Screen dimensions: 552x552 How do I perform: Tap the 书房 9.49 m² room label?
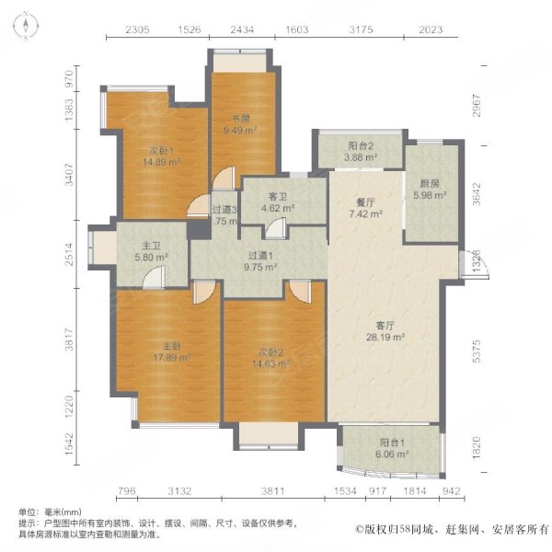click(243, 124)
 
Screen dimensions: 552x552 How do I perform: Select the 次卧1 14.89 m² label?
click(160, 155)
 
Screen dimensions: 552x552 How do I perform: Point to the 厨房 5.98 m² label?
click(429, 189)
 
